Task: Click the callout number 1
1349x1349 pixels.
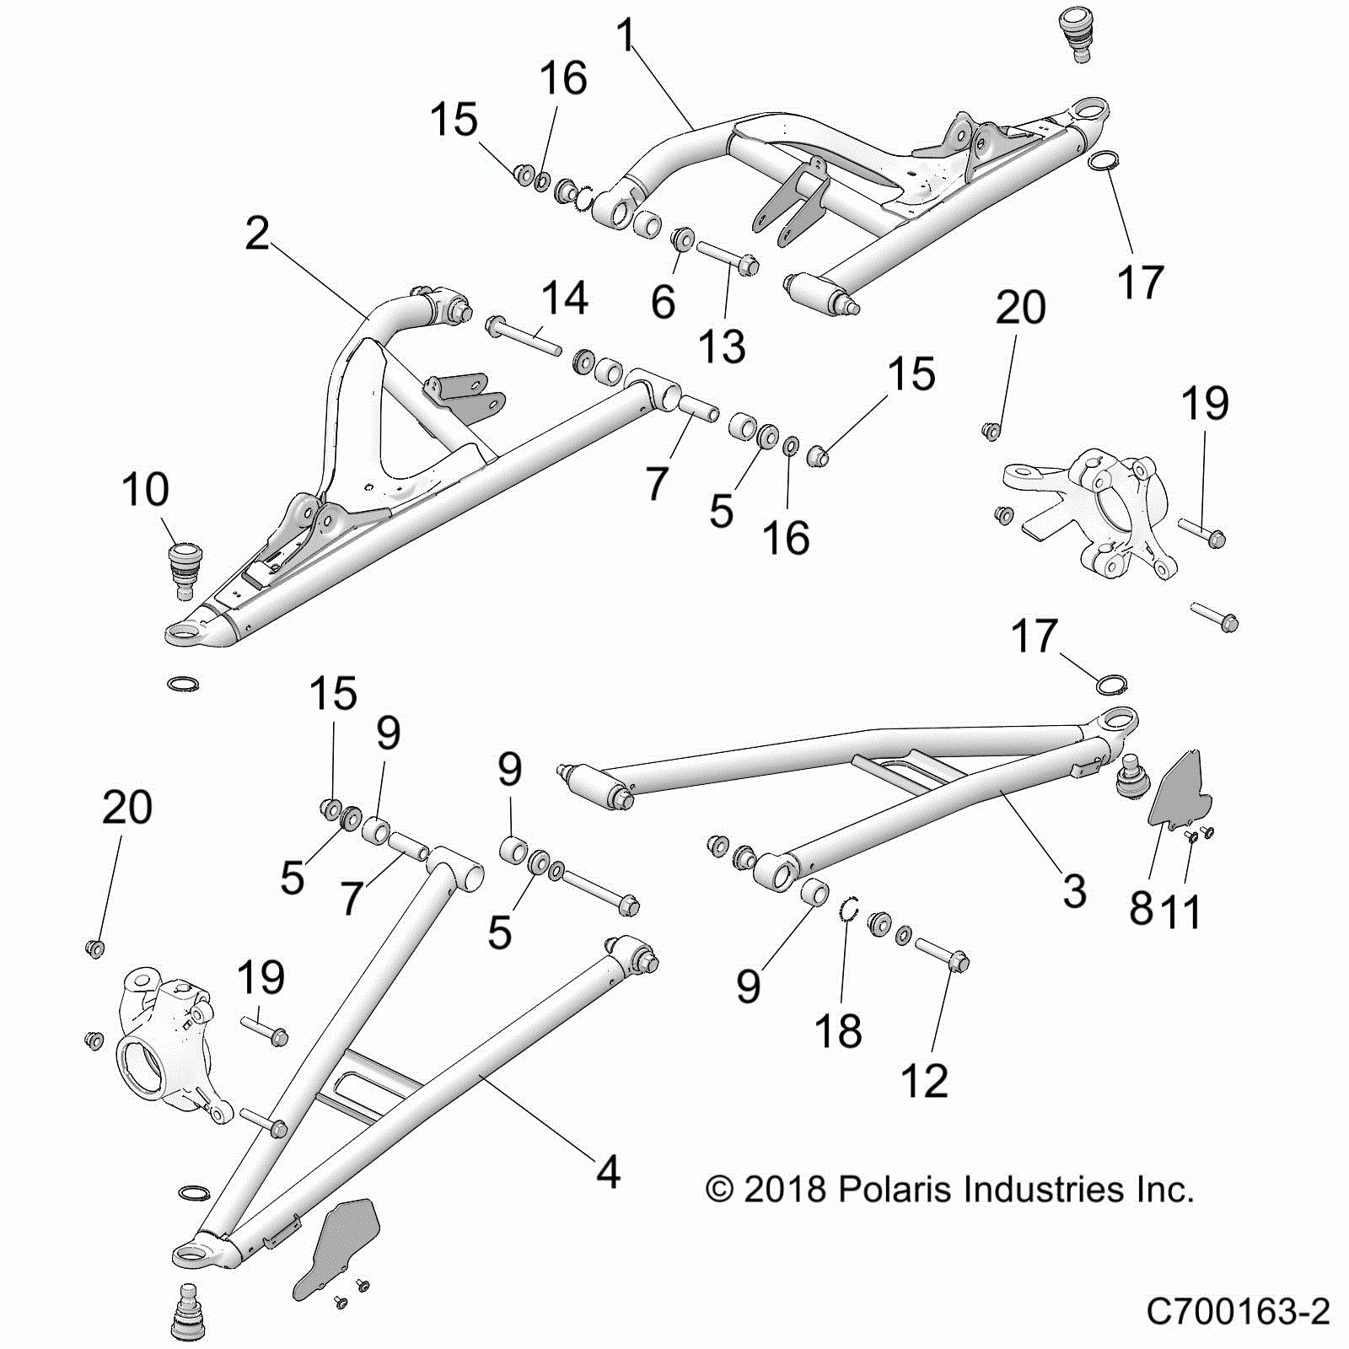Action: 625,35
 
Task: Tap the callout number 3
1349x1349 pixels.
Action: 1074,891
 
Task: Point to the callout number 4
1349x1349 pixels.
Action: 608,1173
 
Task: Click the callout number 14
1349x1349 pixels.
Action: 564,298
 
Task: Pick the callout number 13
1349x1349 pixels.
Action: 723,347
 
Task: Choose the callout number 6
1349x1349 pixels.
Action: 664,301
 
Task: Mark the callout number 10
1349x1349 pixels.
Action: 145,490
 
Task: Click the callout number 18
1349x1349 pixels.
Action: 838,1030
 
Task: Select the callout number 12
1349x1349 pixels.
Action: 924,1081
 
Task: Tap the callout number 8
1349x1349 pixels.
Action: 1142,909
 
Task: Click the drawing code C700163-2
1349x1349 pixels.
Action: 1238,1312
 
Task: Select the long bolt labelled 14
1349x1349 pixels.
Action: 524,335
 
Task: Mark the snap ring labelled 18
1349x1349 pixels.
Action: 851,911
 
